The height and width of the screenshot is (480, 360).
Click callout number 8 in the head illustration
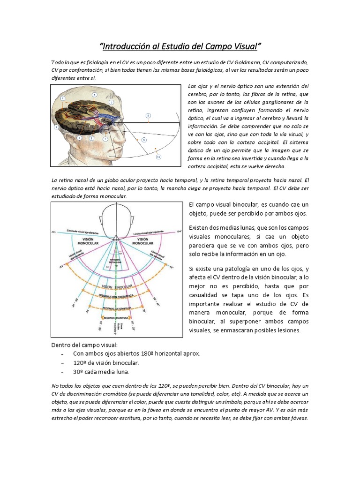(x=148, y=115)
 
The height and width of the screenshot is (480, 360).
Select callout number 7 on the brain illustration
(x=62, y=98)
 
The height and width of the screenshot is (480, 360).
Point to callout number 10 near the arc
(x=158, y=157)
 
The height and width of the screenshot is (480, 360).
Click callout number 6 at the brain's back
(x=56, y=127)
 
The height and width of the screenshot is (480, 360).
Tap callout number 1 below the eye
(x=105, y=139)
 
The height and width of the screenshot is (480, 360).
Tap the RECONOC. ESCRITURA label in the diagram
(x=115, y=317)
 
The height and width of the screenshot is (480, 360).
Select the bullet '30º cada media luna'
(x=101, y=372)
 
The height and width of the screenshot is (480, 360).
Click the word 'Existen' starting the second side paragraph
(x=199, y=227)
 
